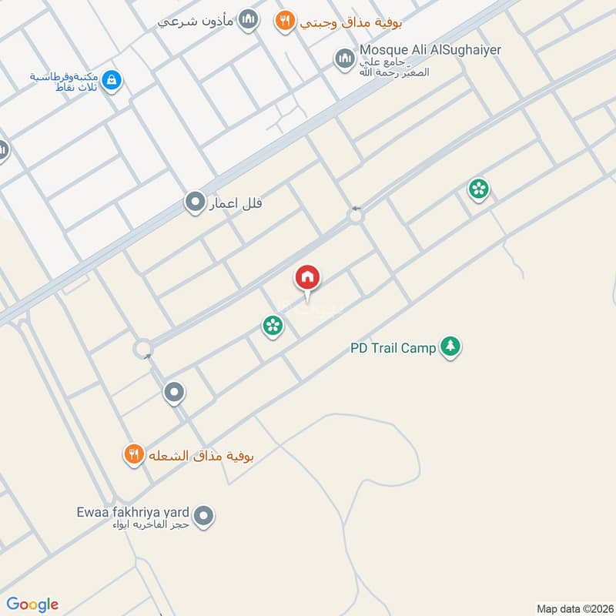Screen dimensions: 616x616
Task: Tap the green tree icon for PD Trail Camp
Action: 450,347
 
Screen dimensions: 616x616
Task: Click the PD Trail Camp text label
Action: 393,348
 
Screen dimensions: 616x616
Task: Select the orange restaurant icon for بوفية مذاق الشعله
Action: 134,455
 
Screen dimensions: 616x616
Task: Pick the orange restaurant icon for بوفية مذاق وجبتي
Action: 285,21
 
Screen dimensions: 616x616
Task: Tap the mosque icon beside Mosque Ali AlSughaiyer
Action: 343,58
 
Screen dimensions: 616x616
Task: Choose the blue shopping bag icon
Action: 112,80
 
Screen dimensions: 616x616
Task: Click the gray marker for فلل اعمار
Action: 194,203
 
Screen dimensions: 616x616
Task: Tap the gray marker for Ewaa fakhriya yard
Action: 203,516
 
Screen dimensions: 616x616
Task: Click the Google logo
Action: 32,604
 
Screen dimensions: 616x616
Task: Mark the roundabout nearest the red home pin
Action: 355,216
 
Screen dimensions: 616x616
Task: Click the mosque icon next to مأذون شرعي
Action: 247,21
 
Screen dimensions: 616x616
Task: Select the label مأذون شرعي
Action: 195,21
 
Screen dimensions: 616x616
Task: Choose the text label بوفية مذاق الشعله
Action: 201,455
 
